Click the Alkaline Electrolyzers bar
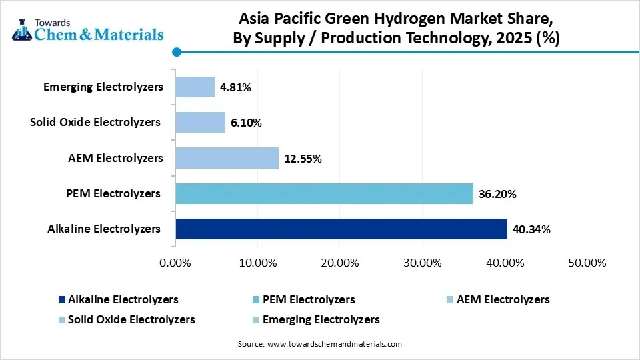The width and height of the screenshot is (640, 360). [341, 229]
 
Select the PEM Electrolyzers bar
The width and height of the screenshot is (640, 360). [324, 193]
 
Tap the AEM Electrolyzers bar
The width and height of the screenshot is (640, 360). [227, 158]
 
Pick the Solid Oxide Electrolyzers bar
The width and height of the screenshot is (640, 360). [200, 122]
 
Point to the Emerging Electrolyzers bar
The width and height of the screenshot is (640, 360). [195, 87]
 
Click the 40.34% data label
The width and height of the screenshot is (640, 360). [531, 229]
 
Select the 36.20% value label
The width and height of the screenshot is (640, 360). [497, 194]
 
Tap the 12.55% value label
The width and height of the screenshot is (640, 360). [303, 159]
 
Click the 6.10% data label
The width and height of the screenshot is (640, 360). [246, 123]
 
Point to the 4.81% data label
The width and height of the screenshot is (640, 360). [235, 87]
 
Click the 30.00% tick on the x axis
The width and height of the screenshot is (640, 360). [422, 263]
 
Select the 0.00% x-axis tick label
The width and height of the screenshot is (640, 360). [175, 263]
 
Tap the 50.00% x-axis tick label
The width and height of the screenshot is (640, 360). [586, 263]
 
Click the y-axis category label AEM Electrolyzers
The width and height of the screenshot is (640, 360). [115, 158]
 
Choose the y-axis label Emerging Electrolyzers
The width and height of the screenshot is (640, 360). [103, 87]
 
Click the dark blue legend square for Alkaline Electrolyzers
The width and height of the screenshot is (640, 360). [62, 300]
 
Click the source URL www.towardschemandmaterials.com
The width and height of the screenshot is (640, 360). [334, 344]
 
